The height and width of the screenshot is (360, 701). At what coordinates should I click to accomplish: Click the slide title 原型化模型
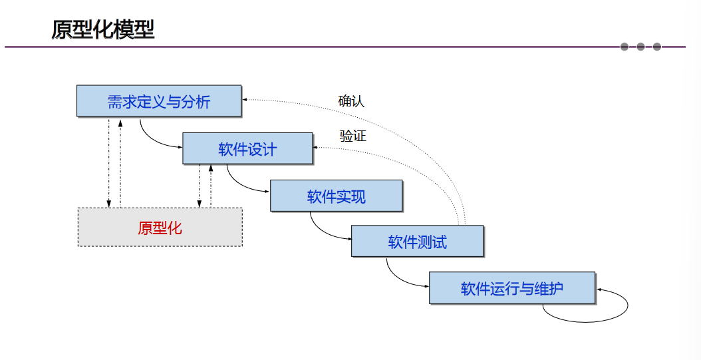(103, 30)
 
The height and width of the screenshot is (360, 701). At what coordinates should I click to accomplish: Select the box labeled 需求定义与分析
(158, 101)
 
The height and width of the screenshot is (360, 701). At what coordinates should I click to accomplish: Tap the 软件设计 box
(247, 148)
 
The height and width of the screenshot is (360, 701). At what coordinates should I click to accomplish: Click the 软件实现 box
(336, 196)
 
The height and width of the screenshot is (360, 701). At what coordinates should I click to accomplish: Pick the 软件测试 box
(417, 242)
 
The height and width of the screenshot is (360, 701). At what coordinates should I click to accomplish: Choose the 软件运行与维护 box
(511, 289)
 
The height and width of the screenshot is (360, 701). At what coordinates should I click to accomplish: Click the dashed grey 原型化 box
(160, 228)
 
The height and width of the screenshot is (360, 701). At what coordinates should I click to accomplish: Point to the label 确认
(351, 101)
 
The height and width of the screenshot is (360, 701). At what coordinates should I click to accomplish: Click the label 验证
(352, 136)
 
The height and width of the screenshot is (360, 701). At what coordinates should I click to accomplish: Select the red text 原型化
(160, 228)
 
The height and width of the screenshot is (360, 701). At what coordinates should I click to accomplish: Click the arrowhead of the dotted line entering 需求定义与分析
(245, 100)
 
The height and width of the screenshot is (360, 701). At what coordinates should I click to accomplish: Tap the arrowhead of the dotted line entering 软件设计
(317, 147)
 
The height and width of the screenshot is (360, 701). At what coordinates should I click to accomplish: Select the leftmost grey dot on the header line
(624, 47)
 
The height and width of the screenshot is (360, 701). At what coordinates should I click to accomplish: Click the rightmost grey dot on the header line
(657, 47)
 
